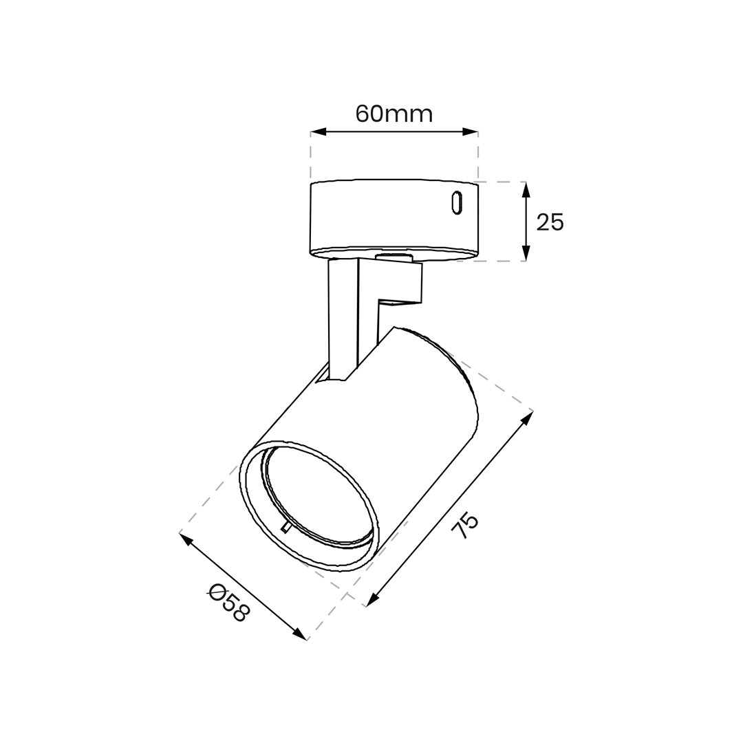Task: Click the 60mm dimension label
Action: click(394, 114)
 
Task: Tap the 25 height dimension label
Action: click(550, 222)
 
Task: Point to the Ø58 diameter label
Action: click(228, 602)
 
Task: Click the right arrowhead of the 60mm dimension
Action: click(470, 131)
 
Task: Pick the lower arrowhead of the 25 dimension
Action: click(526, 252)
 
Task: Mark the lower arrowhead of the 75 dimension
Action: click(373, 600)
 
